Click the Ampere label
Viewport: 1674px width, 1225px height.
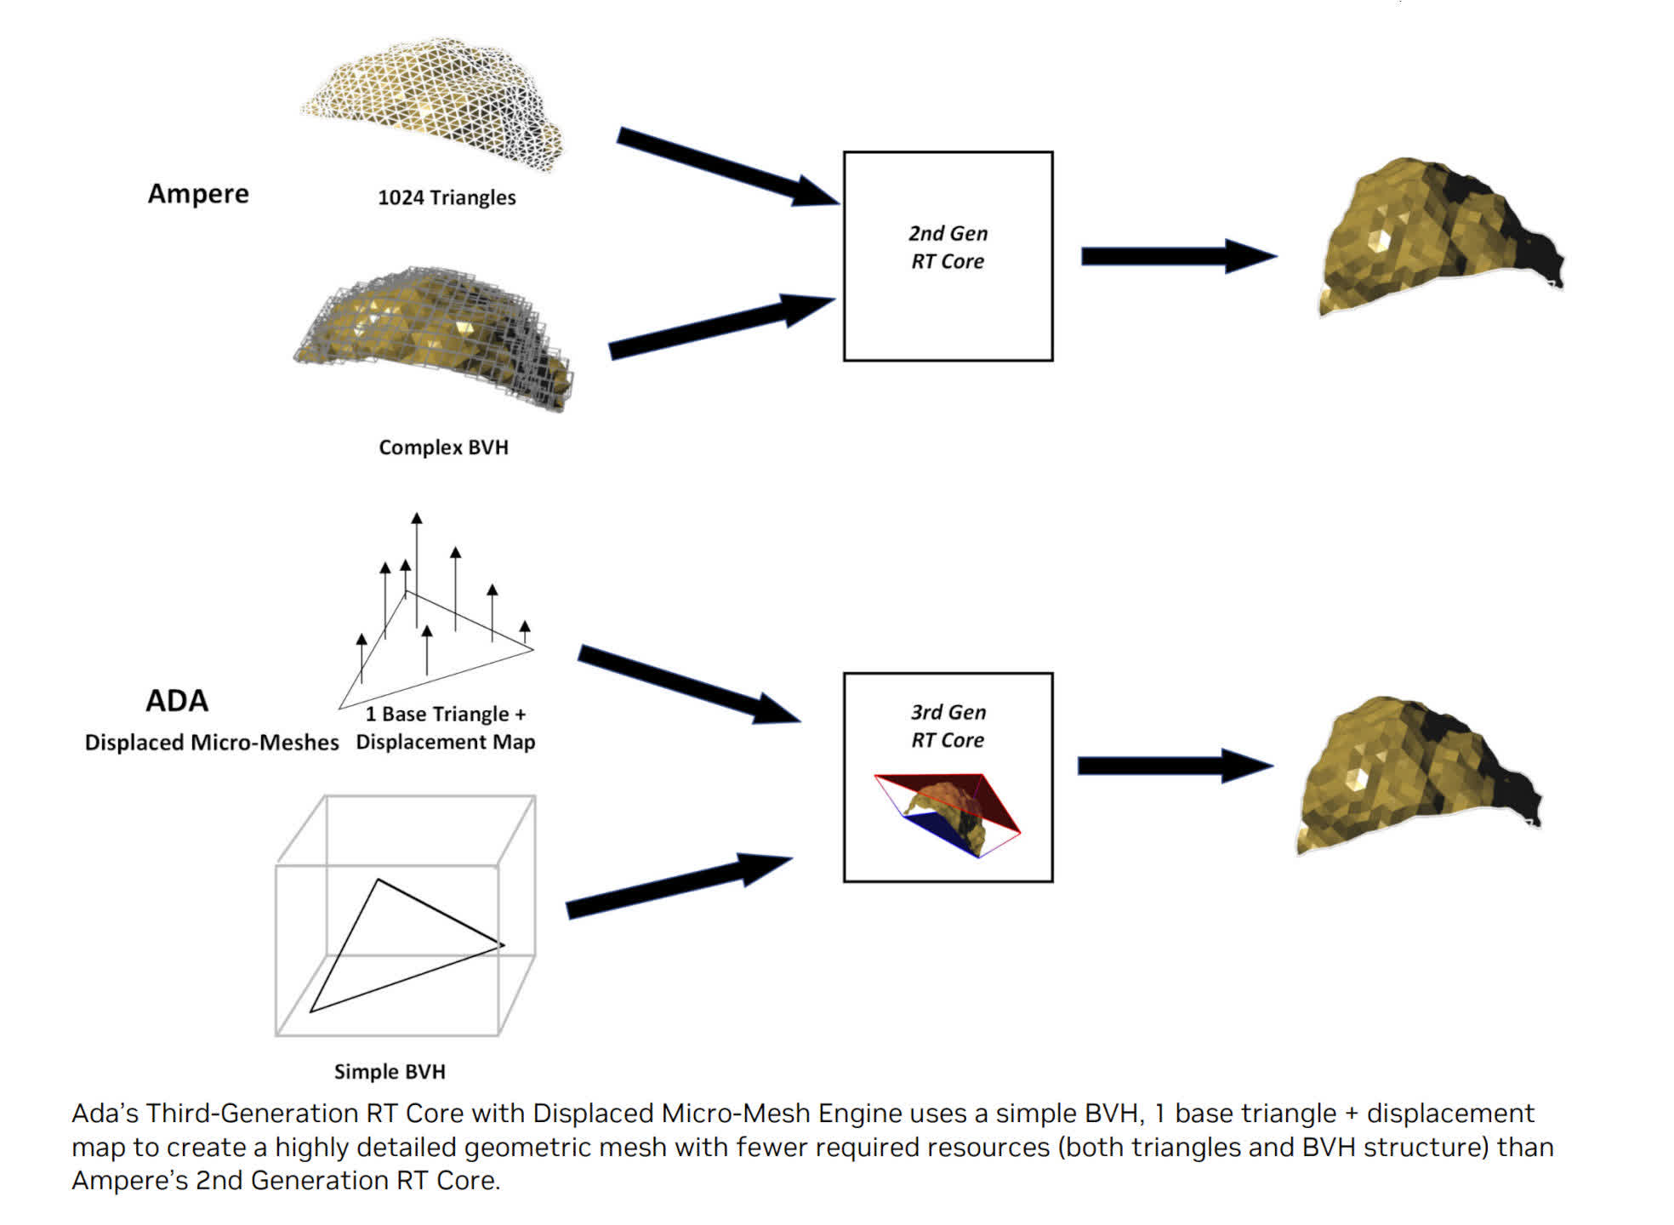198,194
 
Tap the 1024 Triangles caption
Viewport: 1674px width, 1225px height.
447,197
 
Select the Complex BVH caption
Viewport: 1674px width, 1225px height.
443,447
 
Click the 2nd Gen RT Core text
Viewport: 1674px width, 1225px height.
948,248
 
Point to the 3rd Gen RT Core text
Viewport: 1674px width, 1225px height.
948,726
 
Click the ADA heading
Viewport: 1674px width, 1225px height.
177,701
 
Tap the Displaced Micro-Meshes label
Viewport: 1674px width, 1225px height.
212,743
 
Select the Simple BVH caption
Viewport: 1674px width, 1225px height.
390,1072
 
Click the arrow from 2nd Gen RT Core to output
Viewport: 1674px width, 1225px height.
1178,256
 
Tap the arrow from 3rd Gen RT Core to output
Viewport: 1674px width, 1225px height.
1175,766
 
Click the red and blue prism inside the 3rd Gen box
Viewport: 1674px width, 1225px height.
948,812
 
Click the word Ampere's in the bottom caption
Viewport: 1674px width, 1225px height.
128,1181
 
